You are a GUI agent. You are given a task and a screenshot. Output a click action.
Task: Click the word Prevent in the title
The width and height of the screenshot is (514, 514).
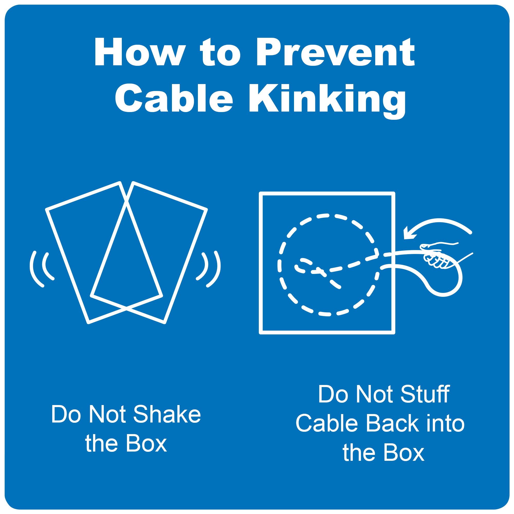pos(335,52)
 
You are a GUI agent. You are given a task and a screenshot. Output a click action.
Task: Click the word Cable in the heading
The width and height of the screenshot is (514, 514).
pos(174,98)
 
